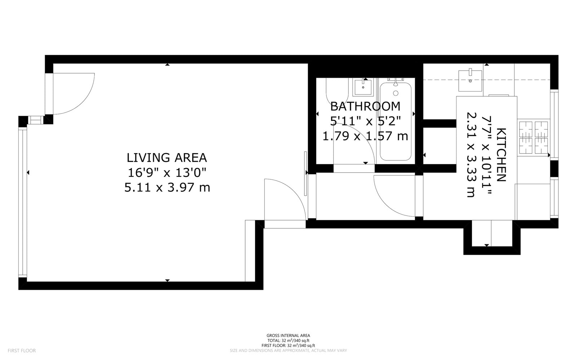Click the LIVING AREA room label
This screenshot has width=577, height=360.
click(x=167, y=158)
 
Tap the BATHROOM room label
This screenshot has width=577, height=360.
click(x=365, y=106)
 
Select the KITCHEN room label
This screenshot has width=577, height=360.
click(x=501, y=155)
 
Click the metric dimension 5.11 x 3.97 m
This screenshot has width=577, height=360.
click(x=167, y=187)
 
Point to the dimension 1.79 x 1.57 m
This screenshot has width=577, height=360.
click(x=365, y=136)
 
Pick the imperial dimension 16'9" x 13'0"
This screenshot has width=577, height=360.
click(x=167, y=172)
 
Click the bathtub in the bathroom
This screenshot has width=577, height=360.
click(x=395, y=121)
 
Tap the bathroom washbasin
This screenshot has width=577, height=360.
click(x=363, y=87)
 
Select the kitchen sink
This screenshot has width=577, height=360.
click(x=470, y=80)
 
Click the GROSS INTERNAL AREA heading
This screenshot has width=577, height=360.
click(x=288, y=335)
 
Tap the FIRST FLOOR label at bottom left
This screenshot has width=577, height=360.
click(x=22, y=351)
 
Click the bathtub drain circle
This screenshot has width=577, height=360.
click(x=396, y=93)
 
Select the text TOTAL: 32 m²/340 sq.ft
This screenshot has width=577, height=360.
click(x=288, y=341)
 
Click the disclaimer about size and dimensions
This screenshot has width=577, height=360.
click(x=288, y=351)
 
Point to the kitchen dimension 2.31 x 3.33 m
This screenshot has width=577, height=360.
click(x=471, y=155)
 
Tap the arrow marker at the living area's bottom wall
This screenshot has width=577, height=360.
click(x=167, y=280)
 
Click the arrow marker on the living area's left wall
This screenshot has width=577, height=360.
click(x=28, y=172)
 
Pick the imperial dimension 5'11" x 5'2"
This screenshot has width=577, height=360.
click(x=365, y=121)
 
